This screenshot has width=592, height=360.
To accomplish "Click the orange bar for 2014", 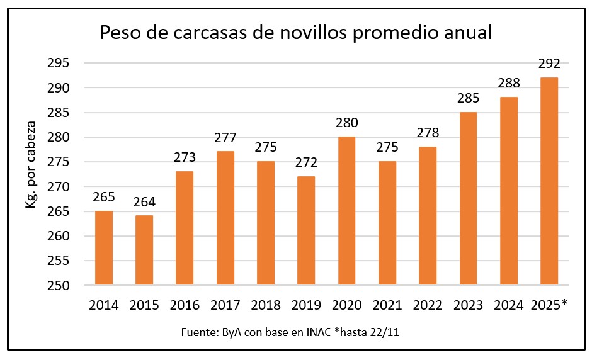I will click(104, 247).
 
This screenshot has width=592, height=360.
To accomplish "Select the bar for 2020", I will click(346, 211).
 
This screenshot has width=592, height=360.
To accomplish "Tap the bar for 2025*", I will click(549, 181).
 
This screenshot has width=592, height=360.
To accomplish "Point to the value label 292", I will click(549, 64).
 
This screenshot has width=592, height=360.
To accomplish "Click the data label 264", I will click(144, 203).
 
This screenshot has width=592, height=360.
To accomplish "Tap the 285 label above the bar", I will click(468, 99).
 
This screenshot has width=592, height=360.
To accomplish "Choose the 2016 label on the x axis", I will click(185, 305).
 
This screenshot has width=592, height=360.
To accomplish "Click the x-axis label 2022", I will click(427, 305).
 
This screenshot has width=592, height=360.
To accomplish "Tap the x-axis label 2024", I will click(508, 305).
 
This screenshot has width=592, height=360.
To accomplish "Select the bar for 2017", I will click(225, 218).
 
